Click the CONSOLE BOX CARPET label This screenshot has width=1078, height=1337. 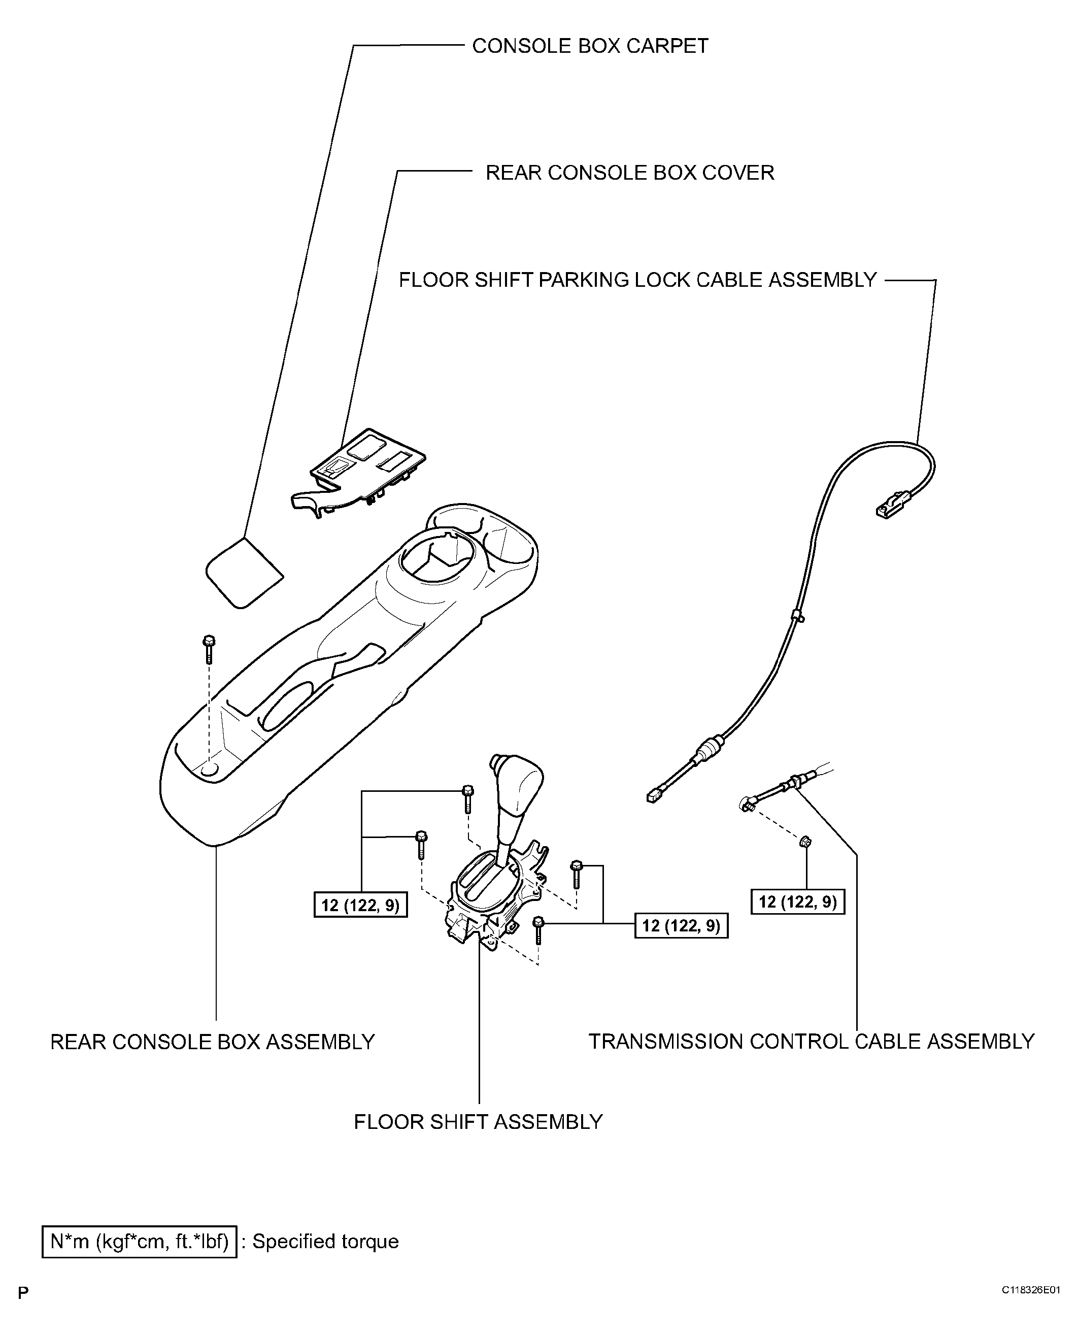point(589,46)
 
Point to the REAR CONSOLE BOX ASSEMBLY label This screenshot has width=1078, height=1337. point(212,1042)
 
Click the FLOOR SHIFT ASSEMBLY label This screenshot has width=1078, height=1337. point(478,1121)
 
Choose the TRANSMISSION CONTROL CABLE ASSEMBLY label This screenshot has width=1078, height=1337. point(811,1042)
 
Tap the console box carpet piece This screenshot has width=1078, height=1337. point(244,572)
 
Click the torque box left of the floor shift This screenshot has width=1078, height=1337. point(361,905)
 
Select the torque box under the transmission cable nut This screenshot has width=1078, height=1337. point(798,901)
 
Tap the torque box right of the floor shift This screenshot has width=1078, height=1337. point(681,925)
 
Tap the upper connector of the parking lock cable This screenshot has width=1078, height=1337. point(893,504)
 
